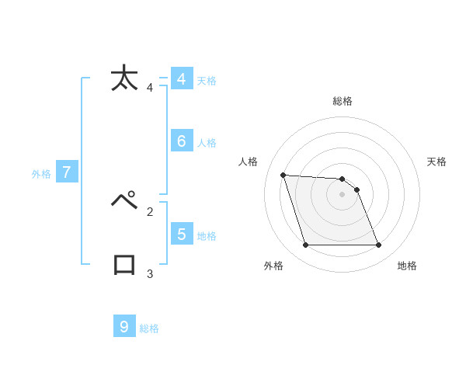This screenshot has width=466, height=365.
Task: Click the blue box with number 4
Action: tap(181, 79)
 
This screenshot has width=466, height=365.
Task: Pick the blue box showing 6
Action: tap(181, 141)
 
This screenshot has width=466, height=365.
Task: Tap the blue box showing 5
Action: tap(181, 234)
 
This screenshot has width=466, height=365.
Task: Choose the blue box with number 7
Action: tap(66, 172)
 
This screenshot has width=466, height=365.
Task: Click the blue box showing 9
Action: tap(124, 326)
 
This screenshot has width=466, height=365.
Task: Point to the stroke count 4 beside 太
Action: tap(149, 88)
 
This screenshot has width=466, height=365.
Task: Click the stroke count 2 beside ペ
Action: tap(149, 210)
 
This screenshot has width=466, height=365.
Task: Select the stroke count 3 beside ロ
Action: tap(149, 273)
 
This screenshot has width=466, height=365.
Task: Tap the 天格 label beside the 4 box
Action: tap(207, 81)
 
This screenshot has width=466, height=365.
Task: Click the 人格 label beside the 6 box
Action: tap(207, 143)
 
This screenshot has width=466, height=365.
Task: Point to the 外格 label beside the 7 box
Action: tap(41, 175)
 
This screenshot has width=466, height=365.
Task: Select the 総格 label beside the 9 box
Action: tap(149, 328)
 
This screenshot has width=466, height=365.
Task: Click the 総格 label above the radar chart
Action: tap(343, 101)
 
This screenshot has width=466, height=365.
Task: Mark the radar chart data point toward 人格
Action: tap(283, 175)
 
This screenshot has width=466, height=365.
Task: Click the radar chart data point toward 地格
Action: tap(378, 245)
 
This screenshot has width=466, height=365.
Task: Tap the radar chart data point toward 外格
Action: tap(305, 245)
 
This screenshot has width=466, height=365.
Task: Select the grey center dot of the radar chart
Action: tap(343, 194)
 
